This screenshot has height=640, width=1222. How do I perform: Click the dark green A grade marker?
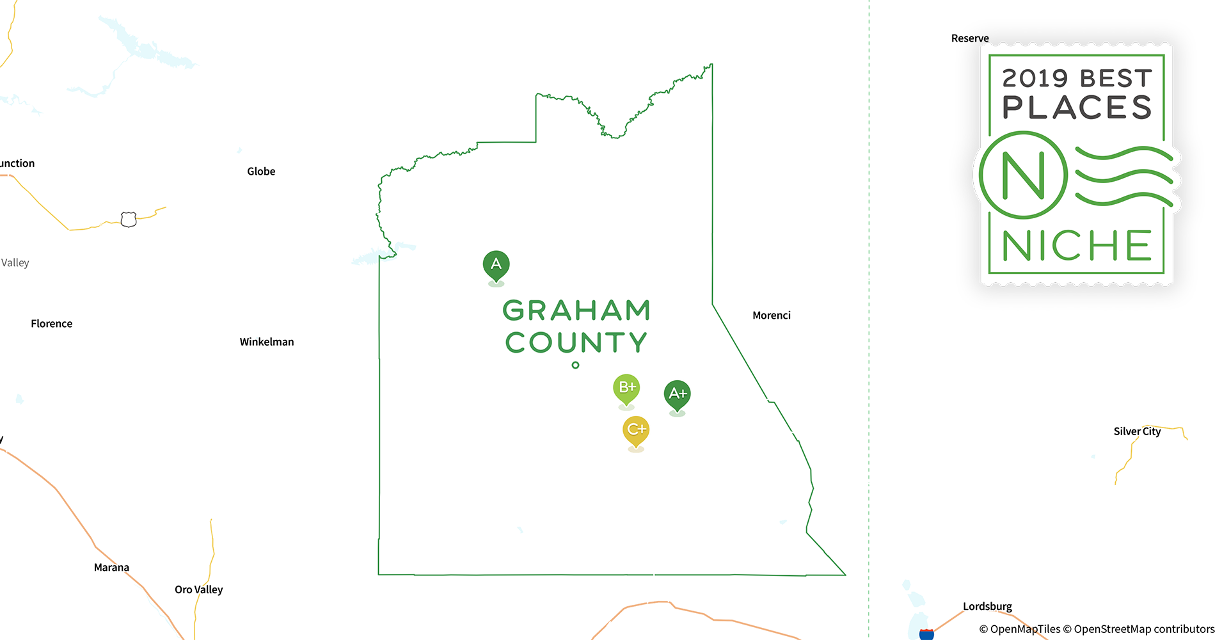pyautogui.click(x=496, y=264)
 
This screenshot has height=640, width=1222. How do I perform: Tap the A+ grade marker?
pyautogui.click(x=677, y=394)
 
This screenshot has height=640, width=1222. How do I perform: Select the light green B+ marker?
pyautogui.click(x=626, y=388)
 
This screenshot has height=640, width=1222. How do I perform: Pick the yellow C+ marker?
pyautogui.click(x=636, y=429)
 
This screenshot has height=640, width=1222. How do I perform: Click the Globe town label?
pyautogui.click(x=261, y=172)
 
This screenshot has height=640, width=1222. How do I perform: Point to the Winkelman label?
pyautogui.click(x=267, y=342)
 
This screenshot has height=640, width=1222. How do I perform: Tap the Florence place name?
pyautogui.click(x=52, y=324)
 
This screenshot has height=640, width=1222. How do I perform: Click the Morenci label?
pyautogui.click(x=772, y=316)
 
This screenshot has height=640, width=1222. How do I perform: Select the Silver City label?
pyautogui.click(x=1137, y=431)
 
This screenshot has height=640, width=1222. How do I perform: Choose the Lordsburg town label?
pyautogui.click(x=987, y=606)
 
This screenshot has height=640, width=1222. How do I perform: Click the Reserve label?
pyautogui.click(x=970, y=38)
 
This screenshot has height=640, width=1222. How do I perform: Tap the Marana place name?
pyautogui.click(x=111, y=568)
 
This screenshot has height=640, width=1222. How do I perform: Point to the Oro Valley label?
pyautogui.click(x=199, y=589)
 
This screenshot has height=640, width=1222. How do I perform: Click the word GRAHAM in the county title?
pyautogui.click(x=576, y=311)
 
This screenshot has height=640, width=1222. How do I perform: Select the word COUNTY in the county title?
pyautogui.click(x=576, y=342)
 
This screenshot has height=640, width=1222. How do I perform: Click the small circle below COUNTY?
pyautogui.click(x=576, y=365)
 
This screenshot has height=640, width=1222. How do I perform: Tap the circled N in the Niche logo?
pyautogui.click(x=1023, y=175)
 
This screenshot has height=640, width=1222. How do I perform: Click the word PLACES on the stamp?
pyautogui.click(x=1077, y=108)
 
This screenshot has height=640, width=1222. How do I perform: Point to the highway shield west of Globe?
pyautogui.click(x=129, y=220)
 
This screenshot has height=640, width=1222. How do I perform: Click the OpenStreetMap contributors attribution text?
pyautogui.click(x=1144, y=629)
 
